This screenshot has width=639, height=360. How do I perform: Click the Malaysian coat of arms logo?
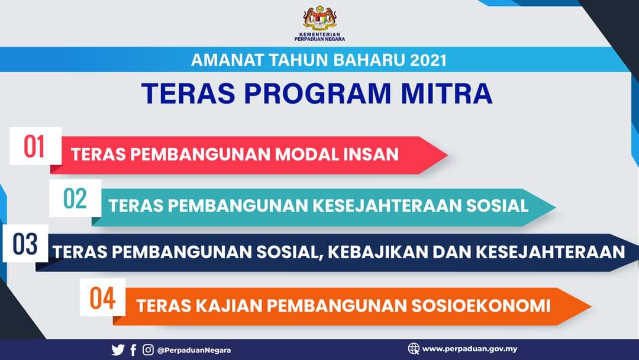tap(319, 18)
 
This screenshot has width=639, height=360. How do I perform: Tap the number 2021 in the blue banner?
tap(428, 60)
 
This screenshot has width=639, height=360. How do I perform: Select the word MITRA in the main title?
tap(446, 94)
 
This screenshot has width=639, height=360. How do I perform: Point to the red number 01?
tap(34, 146)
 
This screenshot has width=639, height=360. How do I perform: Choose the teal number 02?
tap(75, 198)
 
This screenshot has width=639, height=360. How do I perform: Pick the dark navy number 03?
tap(25, 244)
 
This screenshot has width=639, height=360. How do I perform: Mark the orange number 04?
tap(102, 298)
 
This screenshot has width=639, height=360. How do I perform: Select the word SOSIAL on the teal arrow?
tap(497, 205)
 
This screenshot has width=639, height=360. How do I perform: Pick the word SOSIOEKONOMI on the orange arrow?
tap(481, 306)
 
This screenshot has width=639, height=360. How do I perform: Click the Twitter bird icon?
tap(118, 350)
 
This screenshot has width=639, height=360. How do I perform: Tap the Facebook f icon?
tap(133, 350)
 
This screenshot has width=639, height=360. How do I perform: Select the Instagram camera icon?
tap(148, 350)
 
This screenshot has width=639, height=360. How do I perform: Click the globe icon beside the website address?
tap(414, 349)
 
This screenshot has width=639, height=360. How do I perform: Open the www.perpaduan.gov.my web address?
tap(470, 349)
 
